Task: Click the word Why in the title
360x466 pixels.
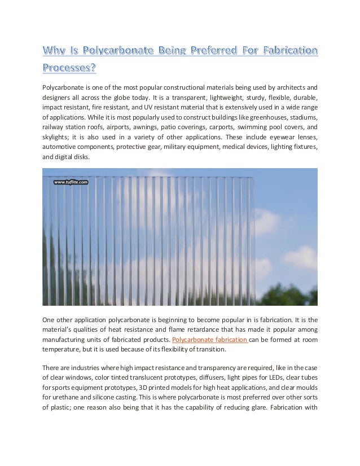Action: [x=56, y=54]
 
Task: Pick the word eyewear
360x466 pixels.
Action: [x=270, y=138]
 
